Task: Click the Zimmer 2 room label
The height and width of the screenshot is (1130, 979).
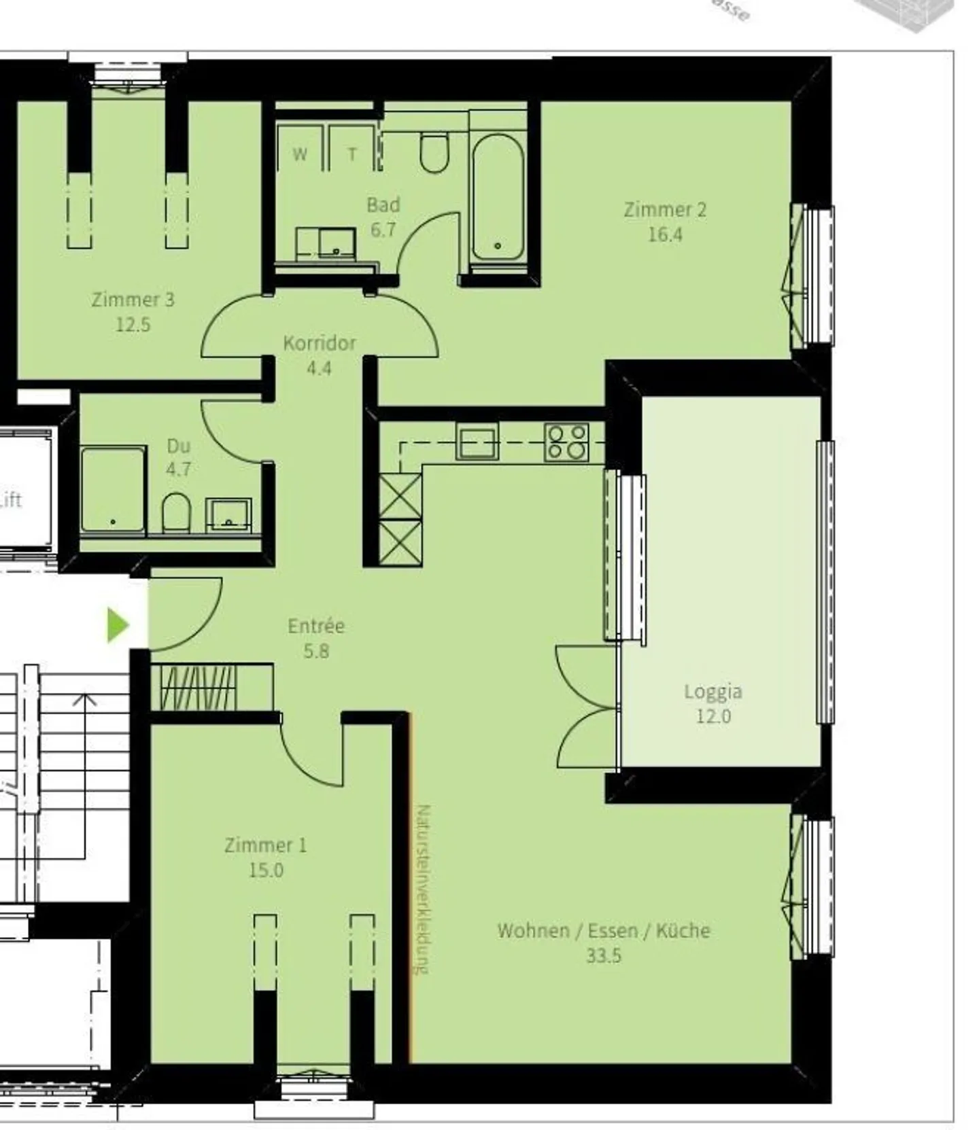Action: point(665,209)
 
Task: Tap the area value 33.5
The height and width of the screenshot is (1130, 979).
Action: point(604,955)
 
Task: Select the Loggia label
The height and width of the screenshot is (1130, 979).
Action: point(712,692)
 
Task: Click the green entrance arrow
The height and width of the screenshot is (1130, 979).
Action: point(118,624)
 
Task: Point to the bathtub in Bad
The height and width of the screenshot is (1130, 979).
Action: point(498,197)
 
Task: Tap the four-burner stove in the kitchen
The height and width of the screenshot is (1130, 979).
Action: point(566,442)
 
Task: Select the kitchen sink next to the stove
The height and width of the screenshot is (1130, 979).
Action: point(477,442)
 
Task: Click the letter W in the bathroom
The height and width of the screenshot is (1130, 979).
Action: point(300,154)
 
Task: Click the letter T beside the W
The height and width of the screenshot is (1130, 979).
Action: point(352,155)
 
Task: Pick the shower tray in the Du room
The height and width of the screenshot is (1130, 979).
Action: point(113,489)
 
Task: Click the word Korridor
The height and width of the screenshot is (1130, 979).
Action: point(320,342)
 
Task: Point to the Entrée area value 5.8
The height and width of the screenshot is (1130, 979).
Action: point(316,651)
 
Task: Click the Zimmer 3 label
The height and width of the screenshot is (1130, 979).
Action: point(133,299)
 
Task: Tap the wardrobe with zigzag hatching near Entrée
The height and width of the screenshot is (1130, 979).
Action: point(197,688)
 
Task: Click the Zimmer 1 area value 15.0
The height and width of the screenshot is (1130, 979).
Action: point(266,870)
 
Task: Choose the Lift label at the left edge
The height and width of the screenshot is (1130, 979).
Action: point(10,500)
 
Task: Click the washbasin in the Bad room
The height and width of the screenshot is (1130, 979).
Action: point(326,243)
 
